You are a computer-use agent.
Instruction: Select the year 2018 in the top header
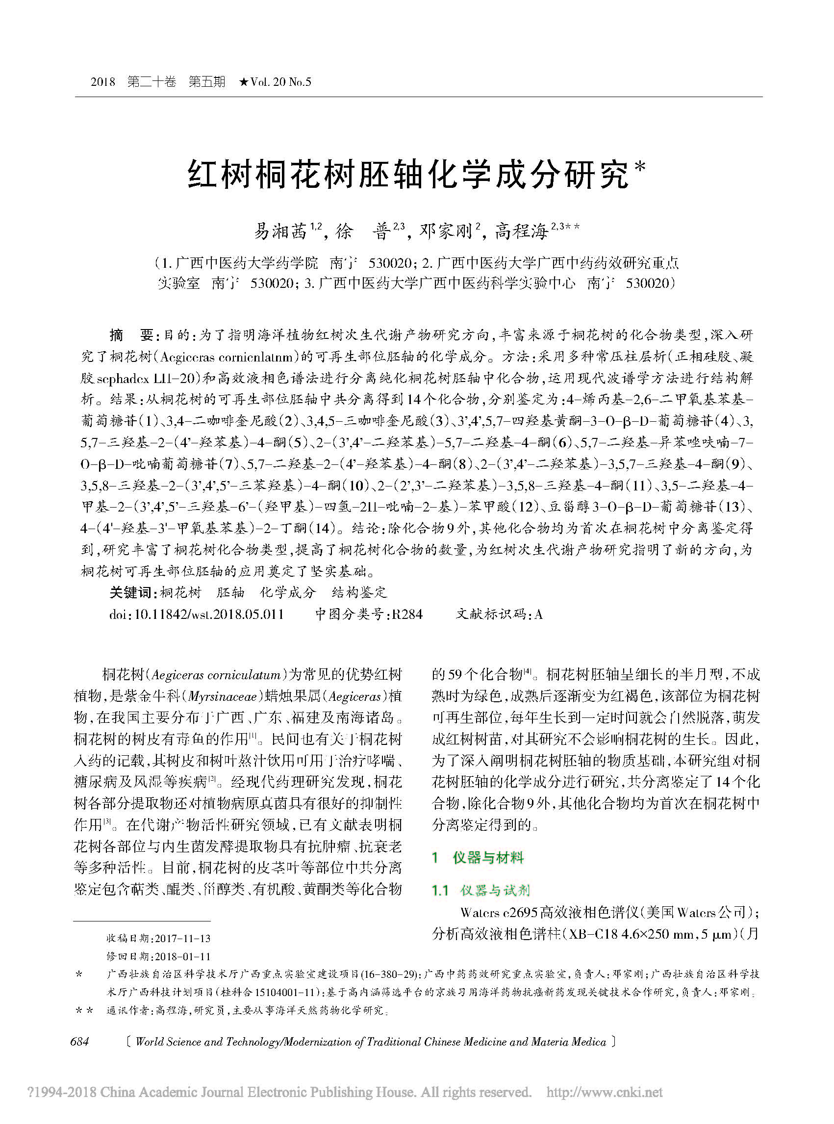pyautogui.click(x=103, y=82)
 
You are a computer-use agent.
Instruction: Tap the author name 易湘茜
pyautogui.click(x=280, y=232)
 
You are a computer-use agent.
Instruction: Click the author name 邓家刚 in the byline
pyautogui.click(x=446, y=232)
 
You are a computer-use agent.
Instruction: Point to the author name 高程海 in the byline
pyautogui.click(x=521, y=232)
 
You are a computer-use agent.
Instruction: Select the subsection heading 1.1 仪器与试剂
pyautogui.click(x=480, y=890)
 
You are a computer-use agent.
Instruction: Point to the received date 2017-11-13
pyautogui.click(x=183, y=938)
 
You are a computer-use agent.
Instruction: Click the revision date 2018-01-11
pyautogui.click(x=183, y=956)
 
